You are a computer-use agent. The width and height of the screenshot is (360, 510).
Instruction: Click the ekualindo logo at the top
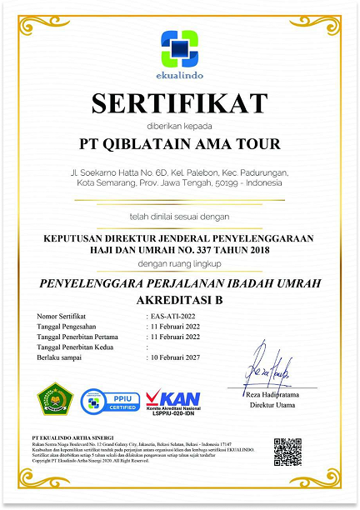(179, 49)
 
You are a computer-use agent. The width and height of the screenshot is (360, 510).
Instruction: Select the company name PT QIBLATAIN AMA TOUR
(179, 142)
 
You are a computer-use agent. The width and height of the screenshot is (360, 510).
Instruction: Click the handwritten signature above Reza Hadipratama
(267, 364)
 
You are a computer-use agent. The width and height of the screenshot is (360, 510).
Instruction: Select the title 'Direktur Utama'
(273, 406)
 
